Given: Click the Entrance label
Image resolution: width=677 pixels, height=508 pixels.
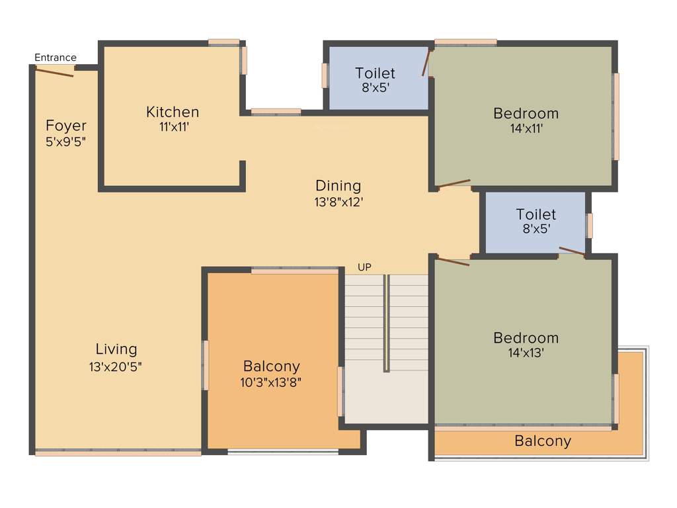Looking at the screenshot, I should [56, 58].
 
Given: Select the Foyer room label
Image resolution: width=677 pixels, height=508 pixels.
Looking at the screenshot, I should [66, 126].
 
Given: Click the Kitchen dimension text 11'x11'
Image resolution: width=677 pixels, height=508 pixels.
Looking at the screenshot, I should [173, 128].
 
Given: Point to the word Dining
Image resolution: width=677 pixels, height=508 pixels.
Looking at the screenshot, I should [338, 185].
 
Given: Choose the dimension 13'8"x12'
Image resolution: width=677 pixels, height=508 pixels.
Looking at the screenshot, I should [338, 202].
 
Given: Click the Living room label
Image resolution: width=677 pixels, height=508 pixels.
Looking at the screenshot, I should [116, 349].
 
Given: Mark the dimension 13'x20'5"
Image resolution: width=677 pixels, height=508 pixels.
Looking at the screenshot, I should [116, 366].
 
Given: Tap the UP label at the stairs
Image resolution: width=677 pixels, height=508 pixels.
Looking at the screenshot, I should [364, 267].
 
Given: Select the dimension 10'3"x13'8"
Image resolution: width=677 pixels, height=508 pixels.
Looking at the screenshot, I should [271, 382].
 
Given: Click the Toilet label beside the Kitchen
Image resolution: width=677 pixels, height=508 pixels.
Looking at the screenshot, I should [375, 73].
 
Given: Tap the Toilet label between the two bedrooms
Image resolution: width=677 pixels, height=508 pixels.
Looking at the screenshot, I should [536, 214].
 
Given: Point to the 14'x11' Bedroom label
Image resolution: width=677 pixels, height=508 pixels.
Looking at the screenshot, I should [526, 113].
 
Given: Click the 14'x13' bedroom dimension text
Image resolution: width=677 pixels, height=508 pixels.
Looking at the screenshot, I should [526, 353].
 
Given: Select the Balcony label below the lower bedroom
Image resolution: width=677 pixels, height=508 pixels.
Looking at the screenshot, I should [543, 441].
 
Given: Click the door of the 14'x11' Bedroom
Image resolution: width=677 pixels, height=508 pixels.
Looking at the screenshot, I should [454, 183].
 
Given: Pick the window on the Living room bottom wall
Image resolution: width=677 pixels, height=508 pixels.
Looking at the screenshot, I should [118, 453].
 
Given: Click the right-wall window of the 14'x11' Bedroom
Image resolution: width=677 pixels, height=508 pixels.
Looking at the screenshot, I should [616, 116].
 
